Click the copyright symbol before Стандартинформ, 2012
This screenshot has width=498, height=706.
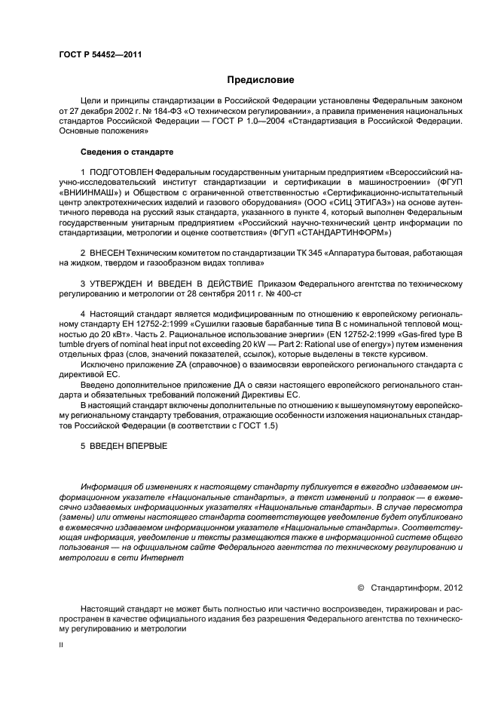360,586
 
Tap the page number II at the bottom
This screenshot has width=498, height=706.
62,645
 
